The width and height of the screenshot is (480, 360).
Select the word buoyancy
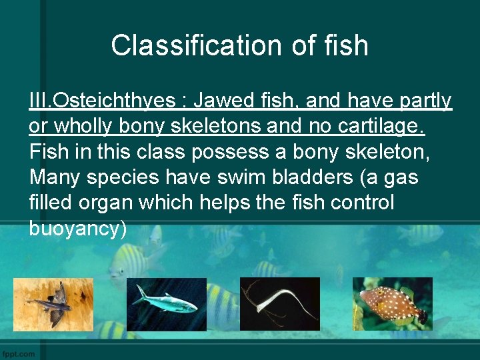coord(78,228)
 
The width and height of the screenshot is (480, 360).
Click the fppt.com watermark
coord(19,353)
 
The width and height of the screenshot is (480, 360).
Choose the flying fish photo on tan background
coord(53,304)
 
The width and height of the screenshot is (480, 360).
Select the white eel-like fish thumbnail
coord(279,304)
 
